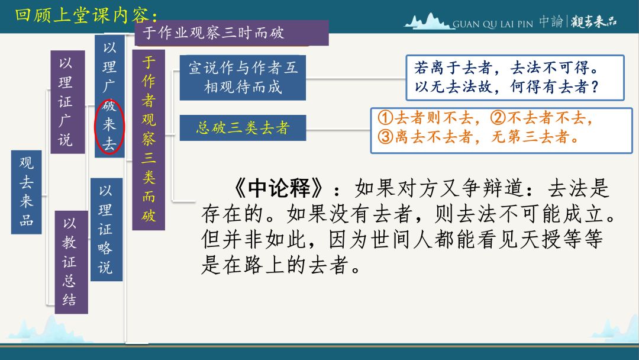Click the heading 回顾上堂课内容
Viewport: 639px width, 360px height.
[x=86, y=15]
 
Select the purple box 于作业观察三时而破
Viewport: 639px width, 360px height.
[x=231, y=33]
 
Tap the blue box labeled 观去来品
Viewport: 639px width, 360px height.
[x=27, y=192]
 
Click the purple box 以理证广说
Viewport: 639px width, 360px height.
[x=67, y=102]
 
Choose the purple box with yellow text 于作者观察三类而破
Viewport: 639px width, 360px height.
[x=149, y=140]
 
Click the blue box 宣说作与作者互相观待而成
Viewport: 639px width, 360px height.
[x=243, y=78]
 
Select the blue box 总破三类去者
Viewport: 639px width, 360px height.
[x=243, y=128]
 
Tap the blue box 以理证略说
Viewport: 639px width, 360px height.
[x=106, y=230]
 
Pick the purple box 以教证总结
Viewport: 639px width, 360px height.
[x=72, y=262]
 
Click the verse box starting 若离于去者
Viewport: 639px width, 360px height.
[x=515, y=78]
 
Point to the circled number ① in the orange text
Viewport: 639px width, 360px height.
[x=385, y=118]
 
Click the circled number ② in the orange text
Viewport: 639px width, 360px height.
[x=498, y=118]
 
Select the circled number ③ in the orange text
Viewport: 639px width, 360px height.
[x=385, y=137]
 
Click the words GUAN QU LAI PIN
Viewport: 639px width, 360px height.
[x=493, y=24]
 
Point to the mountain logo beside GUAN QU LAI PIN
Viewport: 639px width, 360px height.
[x=428, y=21]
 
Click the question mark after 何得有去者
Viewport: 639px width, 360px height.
[x=595, y=87]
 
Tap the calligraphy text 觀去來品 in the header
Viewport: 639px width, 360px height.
[x=593, y=21]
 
